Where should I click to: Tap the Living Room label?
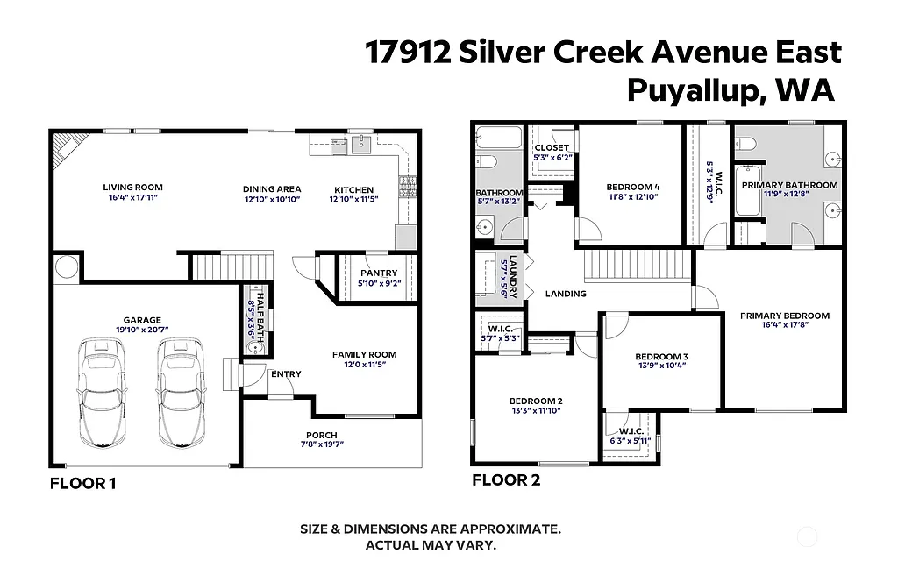(x=132, y=188)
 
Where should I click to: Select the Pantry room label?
(x=379, y=273)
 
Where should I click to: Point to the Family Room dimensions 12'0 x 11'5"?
(x=364, y=365)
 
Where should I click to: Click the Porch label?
(x=321, y=435)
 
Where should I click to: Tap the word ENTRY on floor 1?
(x=286, y=374)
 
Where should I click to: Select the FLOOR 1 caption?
(x=82, y=483)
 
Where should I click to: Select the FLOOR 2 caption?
(x=506, y=480)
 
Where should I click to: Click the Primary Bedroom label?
(x=784, y=316)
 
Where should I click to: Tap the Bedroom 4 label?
(x=632, y=187)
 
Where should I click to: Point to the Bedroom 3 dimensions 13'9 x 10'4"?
(x=661, y=366)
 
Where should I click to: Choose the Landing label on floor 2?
(x=565, y=294)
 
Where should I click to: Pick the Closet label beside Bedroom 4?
(x=552, y=147)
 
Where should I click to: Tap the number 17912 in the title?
(x=408, y=53)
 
